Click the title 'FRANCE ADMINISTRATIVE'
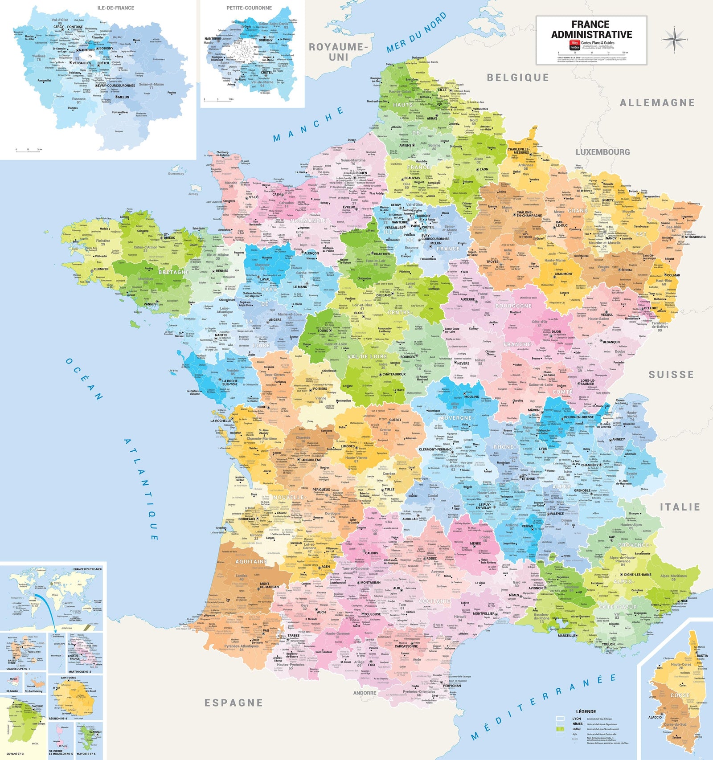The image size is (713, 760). pyautogui.click(x=591, y=29)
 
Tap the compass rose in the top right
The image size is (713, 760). pyautogui.click(x=674, y=39)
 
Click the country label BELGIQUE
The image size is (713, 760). pyautogui.click(x=517, y=78)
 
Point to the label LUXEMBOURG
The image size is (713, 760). pyautogui.click(x=602, y=152)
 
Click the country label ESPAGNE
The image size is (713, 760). pyautogui.click(x=233, y=703)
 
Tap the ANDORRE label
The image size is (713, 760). pyautogui.click(x=365, y=693)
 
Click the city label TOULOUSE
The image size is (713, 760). pyautogui.click(x=371, y=614)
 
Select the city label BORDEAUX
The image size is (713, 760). pyautogui.click(x=246, y=519)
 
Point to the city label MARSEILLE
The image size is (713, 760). pyautogui.click(x=566, y=636)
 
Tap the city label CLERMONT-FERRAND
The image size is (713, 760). pyautogui.click(x=435, y=449)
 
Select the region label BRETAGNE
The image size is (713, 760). pyautogui.click(x=173, y=272)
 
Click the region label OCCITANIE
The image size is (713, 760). pyautogui.click(x=434, y=601)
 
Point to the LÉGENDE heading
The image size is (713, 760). pyautogui.click(x=586, y=711)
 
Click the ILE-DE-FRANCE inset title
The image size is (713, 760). pyautogui.click(x=115, y=8)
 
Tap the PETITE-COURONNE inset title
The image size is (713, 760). pyautogui.click(x=249, y=8)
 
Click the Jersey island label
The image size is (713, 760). pyautogui.click(x=193, y=194)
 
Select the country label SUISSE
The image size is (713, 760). pyautogui.click(x=671, y=375)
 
